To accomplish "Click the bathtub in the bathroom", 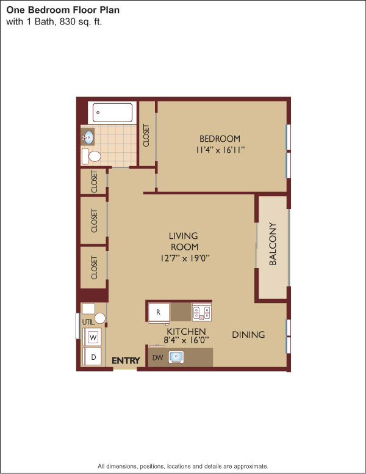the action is pos(112,112).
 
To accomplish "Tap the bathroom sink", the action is pos(88,137).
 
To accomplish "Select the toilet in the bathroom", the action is pos(91,156).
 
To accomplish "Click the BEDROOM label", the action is pos(220,139).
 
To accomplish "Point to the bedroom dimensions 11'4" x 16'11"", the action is pos(220,150).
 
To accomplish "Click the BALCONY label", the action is pos(273,244).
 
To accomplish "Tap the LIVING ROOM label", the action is pos(184,241).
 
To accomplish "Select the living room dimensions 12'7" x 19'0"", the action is pos(184,258).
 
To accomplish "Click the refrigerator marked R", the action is pos(159,312).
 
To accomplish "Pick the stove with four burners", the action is pos(201,312).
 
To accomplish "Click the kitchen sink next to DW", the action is pos(176,357).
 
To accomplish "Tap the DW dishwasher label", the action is pos(157,357).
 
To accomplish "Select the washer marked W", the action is pos(93,337).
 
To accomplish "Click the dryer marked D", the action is pos(93,357).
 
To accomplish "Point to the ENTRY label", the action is pos(126,360).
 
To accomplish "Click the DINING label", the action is pos(248,335).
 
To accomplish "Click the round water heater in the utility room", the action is pos(100,318).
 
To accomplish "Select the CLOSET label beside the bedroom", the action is pos(146,136).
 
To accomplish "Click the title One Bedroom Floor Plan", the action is pos(63,10).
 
